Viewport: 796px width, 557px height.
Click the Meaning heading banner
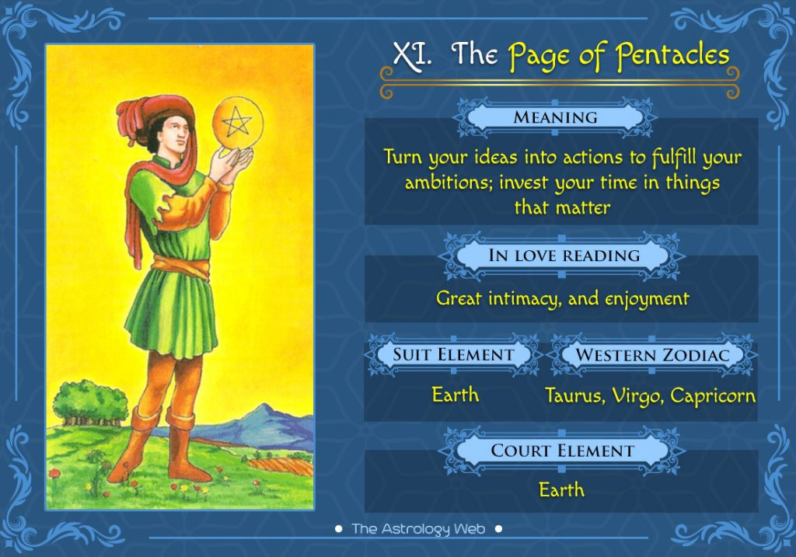[555, 117]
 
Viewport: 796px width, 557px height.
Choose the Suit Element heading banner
[453, 354]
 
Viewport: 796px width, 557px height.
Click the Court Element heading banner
[562, 450]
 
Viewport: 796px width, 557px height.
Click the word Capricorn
[713, 395]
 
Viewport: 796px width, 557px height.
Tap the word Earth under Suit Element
[455, 395]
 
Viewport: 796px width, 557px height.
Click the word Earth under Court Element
[561, 490]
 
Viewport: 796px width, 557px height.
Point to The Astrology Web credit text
[419, 529]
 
